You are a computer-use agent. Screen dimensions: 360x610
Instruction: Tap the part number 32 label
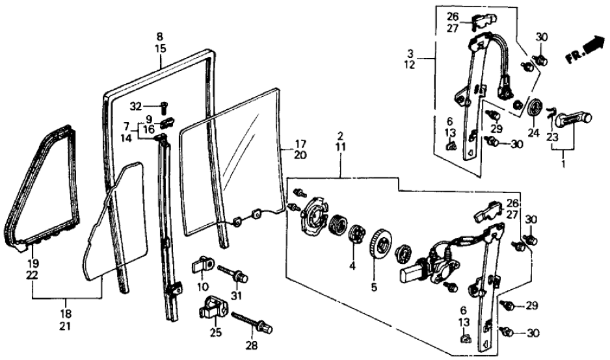coord(135,107)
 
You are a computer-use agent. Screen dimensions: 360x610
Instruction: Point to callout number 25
coord(215,333)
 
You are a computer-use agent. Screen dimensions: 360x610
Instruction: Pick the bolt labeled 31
coord(233,274)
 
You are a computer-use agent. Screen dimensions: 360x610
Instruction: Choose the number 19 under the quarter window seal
coord(33,264)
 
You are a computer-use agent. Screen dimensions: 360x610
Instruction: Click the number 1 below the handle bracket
coord(564,165)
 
